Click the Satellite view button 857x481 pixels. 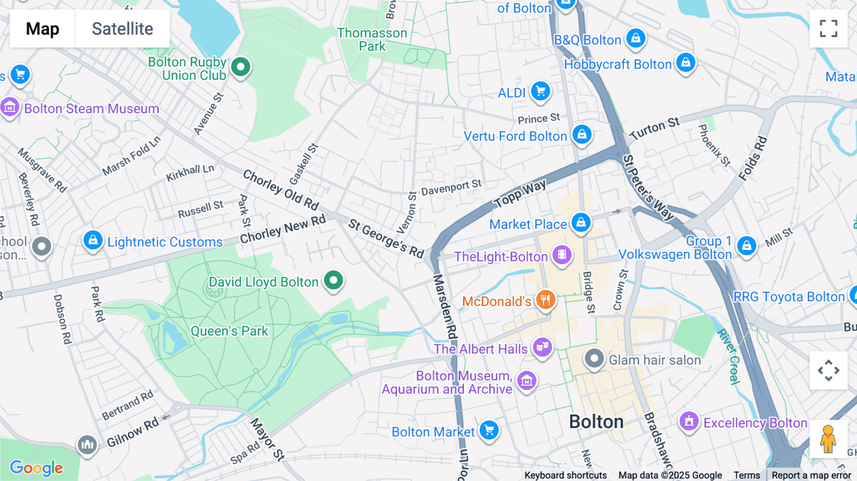pos(122,29)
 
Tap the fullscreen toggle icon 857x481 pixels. pos(828,29)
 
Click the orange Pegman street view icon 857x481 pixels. pos(828,439)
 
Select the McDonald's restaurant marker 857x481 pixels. pos(546,300)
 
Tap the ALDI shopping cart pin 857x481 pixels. pos(540,90)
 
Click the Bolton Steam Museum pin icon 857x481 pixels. pos(10,108)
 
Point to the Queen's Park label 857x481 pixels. pos(229,331)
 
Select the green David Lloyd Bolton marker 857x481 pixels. pos(333,280)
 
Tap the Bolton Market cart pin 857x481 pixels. pos(489,430)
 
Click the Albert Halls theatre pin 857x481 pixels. pos(542,347)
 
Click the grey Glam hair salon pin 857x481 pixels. pos(594,358)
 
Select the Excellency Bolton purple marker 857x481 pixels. pos(688,421)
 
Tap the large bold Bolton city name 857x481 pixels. pos(596,422)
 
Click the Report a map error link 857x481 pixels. pos(811,475)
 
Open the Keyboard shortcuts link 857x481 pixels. pos(565,475)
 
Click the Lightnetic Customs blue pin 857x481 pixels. pos(93,240)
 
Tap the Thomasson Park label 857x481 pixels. pos(372,40)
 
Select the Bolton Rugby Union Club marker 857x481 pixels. pos(240,67)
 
